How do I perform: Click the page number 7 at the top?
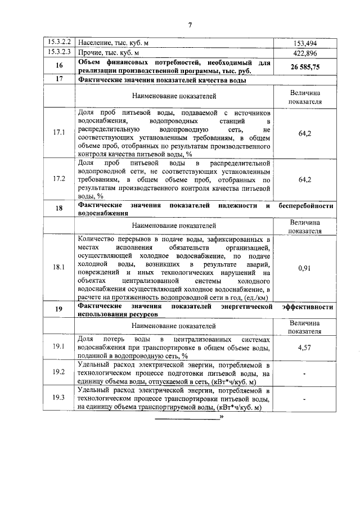click(190, 25)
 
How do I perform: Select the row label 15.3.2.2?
click(58, 42)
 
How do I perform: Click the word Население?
click(96, 43)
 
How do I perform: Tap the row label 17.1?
click(58, 133)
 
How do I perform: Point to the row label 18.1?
click(58, 268)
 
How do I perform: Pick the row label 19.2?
click(58, 372)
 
